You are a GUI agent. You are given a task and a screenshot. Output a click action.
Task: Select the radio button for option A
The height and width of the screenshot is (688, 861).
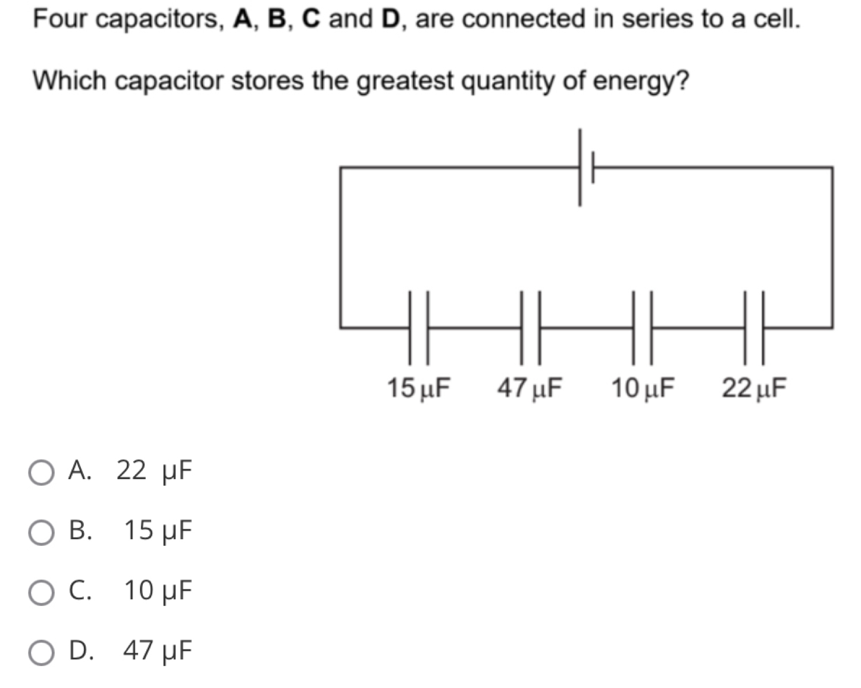click(42, 473)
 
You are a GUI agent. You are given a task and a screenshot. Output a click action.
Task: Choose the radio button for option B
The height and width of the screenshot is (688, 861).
click(42, 532)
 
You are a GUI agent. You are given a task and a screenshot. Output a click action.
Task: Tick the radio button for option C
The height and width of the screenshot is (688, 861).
click(42, 593)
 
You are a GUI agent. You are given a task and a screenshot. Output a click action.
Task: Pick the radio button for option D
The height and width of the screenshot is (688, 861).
click(42, 652)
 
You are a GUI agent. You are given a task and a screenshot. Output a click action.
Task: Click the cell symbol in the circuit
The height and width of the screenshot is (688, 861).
click(586, 168)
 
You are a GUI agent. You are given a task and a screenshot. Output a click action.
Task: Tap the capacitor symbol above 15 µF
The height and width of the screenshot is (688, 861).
click(418, 327)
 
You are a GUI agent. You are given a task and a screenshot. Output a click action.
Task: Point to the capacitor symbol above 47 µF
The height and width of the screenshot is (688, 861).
click(530, 327)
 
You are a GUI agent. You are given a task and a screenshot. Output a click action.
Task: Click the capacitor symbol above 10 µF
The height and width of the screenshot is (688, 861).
click(642, 327)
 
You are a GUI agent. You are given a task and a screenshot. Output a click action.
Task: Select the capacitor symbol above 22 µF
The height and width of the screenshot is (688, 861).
click(753, 327)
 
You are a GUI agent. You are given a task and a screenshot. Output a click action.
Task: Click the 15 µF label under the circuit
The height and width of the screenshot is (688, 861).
click(419, 389)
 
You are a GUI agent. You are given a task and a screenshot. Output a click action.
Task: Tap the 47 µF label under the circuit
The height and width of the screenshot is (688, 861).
click(530, 389)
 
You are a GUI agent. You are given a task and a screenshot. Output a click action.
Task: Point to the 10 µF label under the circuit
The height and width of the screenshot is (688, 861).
click(643, 389)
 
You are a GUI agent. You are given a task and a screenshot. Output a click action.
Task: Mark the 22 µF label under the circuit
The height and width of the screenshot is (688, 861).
click(754, 389)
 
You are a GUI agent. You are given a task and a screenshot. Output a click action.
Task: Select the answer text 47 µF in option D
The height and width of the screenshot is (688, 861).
click(158, 651)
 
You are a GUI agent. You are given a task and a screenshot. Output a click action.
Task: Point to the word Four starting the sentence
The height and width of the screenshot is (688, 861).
click(60, 19)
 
